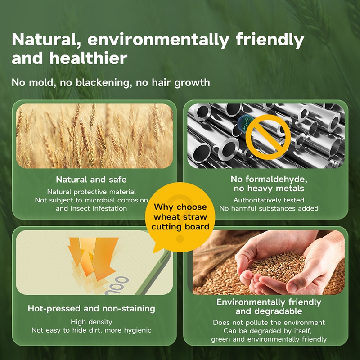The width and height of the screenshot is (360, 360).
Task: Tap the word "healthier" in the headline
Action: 88,58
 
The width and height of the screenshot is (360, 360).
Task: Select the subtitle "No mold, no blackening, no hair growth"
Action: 111,83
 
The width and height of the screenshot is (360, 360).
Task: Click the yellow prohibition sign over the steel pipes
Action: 268,137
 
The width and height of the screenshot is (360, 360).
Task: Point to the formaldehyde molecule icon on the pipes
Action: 245,124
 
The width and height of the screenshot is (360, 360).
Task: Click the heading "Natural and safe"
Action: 91,180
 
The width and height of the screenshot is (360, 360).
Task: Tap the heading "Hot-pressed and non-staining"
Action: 91,309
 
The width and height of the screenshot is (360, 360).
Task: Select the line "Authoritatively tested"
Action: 269,200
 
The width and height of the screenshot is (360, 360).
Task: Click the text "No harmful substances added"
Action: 269,208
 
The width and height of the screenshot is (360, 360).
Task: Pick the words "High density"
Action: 91,322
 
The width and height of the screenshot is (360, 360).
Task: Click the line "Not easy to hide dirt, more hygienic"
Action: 91,330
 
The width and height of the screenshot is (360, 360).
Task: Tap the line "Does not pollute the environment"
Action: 269,323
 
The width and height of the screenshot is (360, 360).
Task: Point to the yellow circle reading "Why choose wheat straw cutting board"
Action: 180,217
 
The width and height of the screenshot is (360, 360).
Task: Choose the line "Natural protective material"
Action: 91,192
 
